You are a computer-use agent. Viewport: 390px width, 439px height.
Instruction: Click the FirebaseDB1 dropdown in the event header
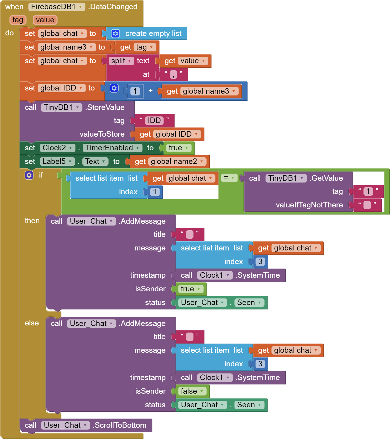pyautogui.click(x=57, y=7)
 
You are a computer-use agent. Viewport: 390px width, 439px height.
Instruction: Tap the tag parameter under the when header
pyautogui.click(x=18, y=20)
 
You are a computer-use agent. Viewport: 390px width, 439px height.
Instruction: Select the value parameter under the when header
pyautogui.click(x=45, y=20)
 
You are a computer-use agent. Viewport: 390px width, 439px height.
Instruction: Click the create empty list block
pyautogui.click(x=146, y=34)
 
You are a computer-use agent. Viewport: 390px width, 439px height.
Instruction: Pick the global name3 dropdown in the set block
pyautogui.click(x=67, y=47)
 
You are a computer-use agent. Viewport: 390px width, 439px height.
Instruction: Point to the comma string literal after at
pyautogui.click(x=173, y=74)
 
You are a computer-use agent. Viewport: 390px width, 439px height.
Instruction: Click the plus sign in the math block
pyautogui.click(x=150, y=91)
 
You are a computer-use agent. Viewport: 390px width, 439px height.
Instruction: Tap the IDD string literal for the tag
pyautogui.click(x=154, y=121)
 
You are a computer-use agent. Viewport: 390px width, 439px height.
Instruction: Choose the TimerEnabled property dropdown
pyautogui.click(x=112, y=148)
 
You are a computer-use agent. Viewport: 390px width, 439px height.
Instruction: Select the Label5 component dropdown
pyautogui.click(x=57, y=162)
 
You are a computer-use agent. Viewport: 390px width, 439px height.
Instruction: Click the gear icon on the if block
pyautogui.click(x=29, y=175)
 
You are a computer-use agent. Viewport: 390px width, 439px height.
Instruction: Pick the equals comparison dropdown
pyautogui.click(x=229, y=178)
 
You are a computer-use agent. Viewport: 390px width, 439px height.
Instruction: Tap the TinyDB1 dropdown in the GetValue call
pyautogui.click(x=286, y=178)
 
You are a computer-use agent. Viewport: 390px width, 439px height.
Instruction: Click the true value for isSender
pyautogui.click(x=190, y=289)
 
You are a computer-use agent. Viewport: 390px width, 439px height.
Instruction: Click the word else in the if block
pyautogui.click(x=32, y=323)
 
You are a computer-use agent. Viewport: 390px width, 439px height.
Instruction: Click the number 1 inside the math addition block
pyautogui.click(x=135, y=91)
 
